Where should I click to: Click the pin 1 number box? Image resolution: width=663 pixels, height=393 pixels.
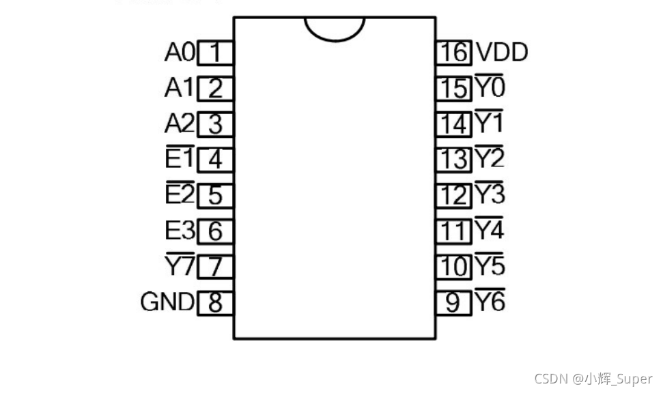tap(215, 53)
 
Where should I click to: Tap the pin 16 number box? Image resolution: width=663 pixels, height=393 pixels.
tap(454, 53)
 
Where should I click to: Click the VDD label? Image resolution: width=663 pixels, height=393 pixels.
tap(502, 53)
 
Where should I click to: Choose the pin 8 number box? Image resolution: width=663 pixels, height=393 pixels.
tap(215, 302)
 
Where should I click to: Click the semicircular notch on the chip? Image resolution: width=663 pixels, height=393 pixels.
tap(335, 27)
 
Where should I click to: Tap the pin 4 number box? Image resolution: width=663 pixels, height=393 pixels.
tap(215, 160)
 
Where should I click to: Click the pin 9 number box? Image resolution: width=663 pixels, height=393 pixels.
tap(454, 302)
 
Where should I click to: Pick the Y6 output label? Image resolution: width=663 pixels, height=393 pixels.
tap(490, 302)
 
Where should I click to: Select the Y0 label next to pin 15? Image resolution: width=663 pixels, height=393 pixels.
tap(490, 87)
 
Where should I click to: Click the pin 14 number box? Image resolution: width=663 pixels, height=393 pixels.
tap(454, 124)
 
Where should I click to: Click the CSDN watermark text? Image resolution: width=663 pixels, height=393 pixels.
tap(593, 379)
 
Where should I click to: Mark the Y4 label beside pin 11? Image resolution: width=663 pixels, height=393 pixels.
tap(490, 230)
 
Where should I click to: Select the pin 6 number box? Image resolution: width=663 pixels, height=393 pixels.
tap(215, 231)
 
